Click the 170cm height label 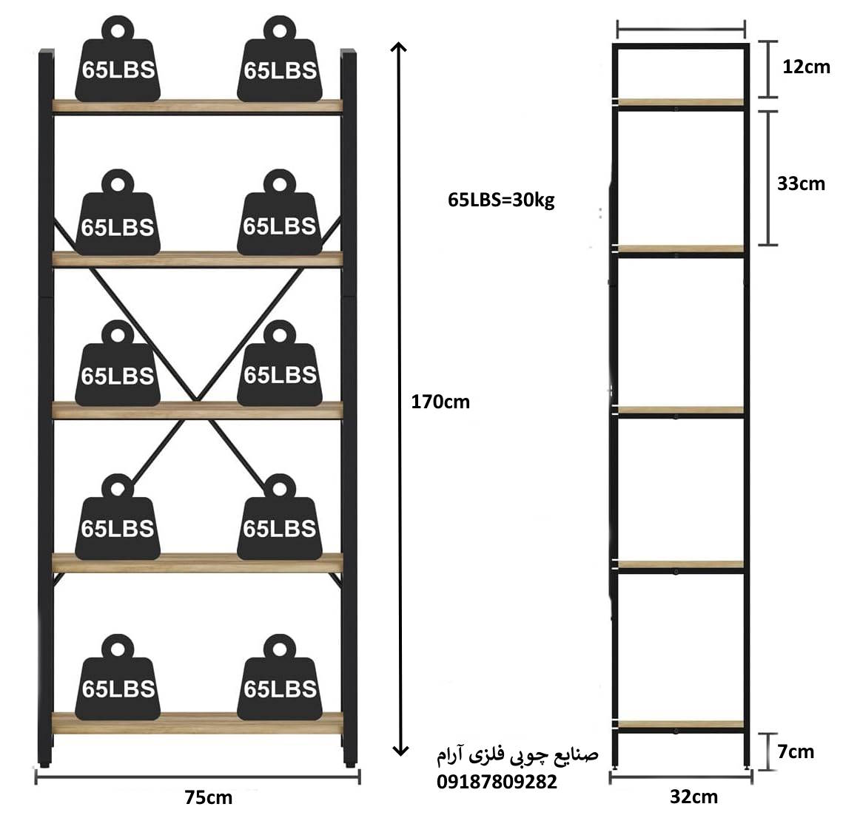440,402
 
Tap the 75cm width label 209,797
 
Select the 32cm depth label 693,797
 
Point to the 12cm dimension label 806,67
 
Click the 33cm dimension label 801,183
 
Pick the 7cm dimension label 796,751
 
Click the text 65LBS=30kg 501,200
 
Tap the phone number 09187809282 497,782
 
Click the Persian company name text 517,756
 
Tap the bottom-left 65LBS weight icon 118,677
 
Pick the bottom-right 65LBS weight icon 280,677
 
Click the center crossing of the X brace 195,398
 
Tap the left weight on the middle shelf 118,364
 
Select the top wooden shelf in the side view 681,103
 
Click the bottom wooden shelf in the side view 681,724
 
